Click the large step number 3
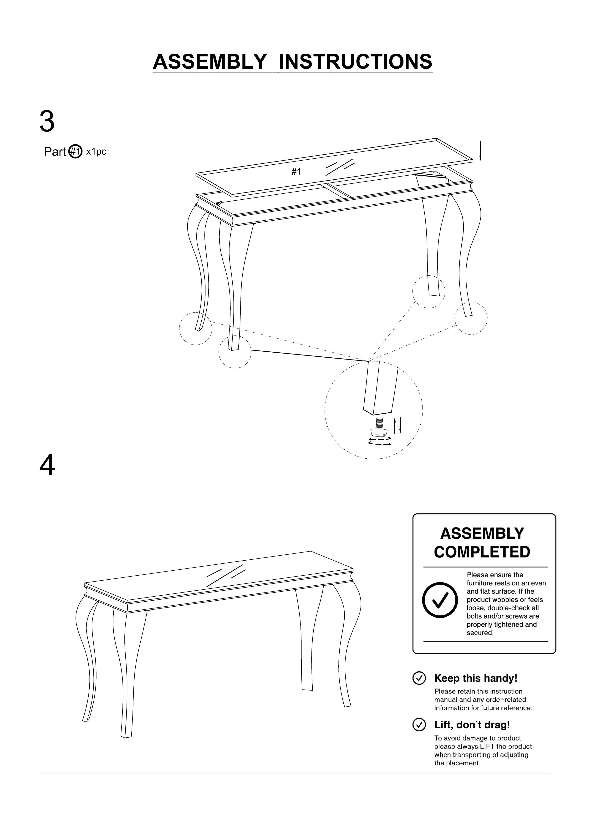pos(47,122)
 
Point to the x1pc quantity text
pos(96,152)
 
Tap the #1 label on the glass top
pos(296,172)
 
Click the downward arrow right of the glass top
pos(480,151)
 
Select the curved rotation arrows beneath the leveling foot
pos(380,442)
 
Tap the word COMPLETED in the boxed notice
pos(482,552)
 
